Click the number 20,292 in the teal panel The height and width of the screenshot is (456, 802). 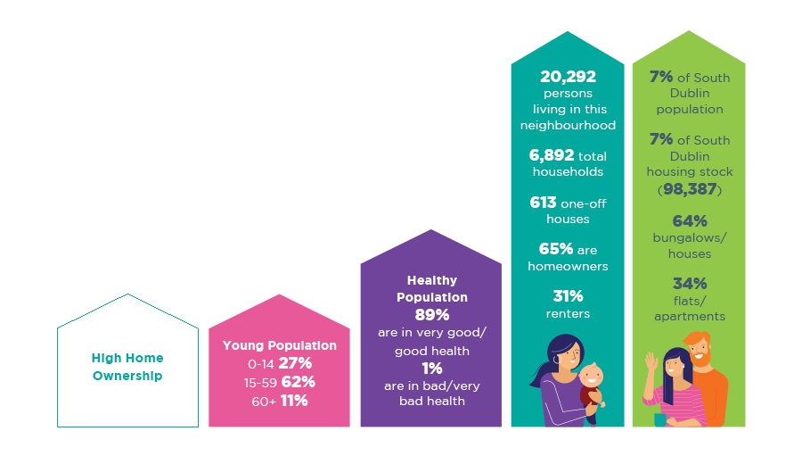(568, 78)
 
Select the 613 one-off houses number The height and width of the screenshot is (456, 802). (543, 203)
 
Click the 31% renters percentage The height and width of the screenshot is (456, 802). (568, 296)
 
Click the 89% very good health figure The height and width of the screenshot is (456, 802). (431, 315)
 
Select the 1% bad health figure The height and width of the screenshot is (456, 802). (431, 368)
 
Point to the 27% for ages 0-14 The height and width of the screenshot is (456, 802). (294, 363)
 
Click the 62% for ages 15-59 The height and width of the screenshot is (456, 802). (299, 382)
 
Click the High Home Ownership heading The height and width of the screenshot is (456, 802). (127, 367)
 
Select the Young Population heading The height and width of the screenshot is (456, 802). (280, 345)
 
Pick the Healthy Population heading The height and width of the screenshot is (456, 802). (431, 288)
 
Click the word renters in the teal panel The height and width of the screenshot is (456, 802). (568, 313)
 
